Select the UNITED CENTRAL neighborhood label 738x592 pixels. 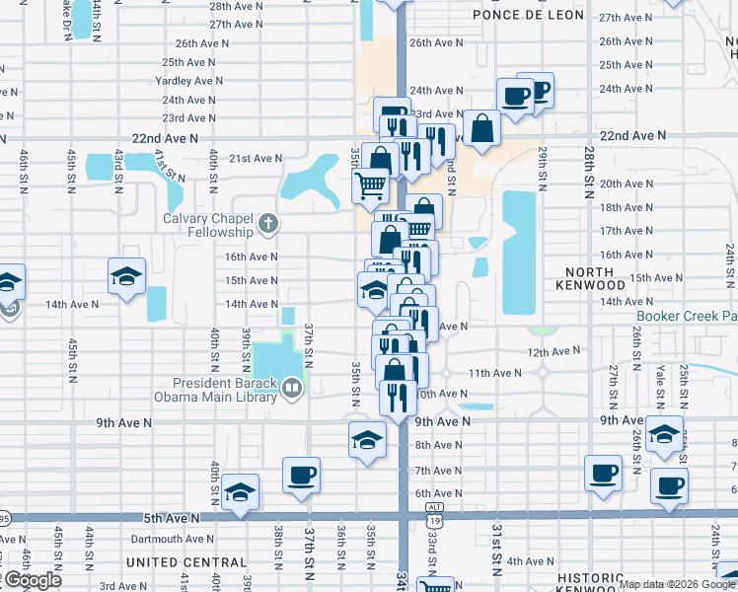coord(186,562)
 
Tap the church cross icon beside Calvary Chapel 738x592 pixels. coord(267,225)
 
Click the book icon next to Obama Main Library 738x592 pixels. coord(291,389)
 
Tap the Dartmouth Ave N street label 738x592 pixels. coord(171,539)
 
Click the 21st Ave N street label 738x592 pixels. coord(256,158)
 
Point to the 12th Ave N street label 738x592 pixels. coord(553,351)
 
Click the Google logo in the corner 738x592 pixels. coord(33,580)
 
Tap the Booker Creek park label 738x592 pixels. coord(687,316)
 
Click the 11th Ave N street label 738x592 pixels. coord(494,373)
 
